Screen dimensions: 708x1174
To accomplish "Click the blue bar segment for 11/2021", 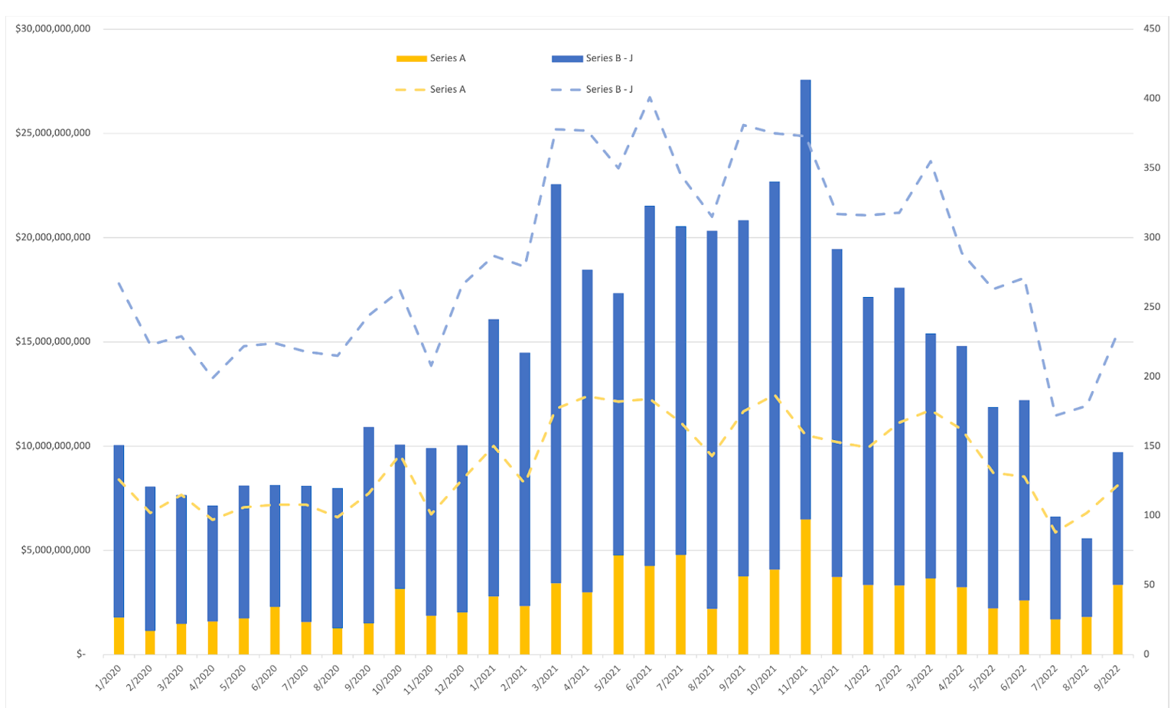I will coord(805,299).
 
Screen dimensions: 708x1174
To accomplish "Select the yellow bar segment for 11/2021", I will coord(805,587).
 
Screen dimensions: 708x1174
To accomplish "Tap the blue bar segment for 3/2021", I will coord(556,383).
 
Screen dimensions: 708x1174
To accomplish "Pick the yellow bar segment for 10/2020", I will coord(399,622).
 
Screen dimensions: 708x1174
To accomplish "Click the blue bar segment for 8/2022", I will coord(1086,577).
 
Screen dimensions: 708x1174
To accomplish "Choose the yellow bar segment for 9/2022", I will coord(1117,620).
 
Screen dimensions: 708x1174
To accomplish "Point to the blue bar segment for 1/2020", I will coord(119,531).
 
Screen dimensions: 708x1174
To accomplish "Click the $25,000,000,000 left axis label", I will coord(53,133).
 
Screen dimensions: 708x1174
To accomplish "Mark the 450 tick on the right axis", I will coord(1152,29).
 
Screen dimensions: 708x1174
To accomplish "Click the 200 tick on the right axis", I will coord(1152,377).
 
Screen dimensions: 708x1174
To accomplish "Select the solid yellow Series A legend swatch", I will coord(411,59).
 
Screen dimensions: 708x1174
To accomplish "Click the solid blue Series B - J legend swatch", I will coord(567,59).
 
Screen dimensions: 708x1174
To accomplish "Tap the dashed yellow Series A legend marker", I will coord(411,90).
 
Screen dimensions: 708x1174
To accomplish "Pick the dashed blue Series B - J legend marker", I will coord(567,90).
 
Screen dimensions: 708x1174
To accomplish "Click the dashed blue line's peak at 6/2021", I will coord(650,97).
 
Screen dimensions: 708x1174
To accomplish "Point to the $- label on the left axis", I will coord(81,654).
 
